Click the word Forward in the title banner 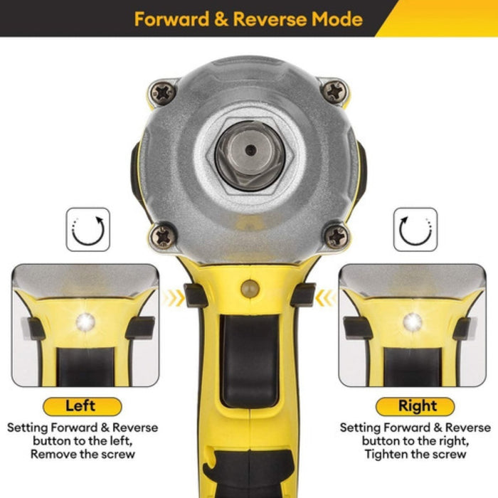171,19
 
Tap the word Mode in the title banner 337,19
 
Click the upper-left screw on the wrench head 163,92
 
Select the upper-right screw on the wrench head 334,92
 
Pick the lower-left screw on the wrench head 163,236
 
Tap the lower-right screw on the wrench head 336,236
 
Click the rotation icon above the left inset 88,229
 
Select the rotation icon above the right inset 415,229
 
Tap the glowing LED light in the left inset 86,322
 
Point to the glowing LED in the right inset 413,322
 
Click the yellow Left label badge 83,406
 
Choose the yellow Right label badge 415,406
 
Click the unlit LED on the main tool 250,289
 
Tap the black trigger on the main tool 250,361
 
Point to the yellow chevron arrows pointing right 174,299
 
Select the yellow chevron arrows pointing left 326,299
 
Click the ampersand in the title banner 221,19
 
